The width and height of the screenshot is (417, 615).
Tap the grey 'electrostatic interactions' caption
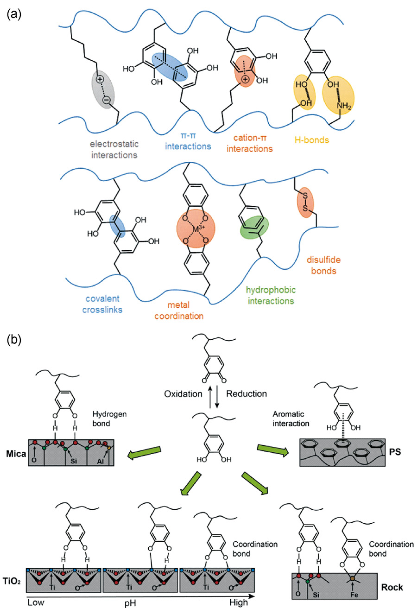point(114,149)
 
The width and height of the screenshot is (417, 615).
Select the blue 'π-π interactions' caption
point(188,141)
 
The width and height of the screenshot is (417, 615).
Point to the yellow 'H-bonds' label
point(311,139)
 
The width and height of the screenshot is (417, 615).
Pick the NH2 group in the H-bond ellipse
point(344,107)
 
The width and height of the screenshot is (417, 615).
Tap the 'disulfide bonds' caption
point(323,265)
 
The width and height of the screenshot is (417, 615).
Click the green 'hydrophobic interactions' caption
point(271,295)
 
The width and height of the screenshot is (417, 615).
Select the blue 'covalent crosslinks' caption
point(102,304)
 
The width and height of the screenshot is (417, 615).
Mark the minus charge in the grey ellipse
point(106,99)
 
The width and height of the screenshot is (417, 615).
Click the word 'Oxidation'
point(183,394)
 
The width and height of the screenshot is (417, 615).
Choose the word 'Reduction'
point(246,394)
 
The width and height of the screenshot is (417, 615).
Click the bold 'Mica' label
point(16,454)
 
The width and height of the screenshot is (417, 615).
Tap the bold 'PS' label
point(395,451)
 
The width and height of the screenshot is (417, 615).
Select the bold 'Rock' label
point(392,588)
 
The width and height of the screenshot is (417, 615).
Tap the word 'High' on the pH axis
point(239,602)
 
